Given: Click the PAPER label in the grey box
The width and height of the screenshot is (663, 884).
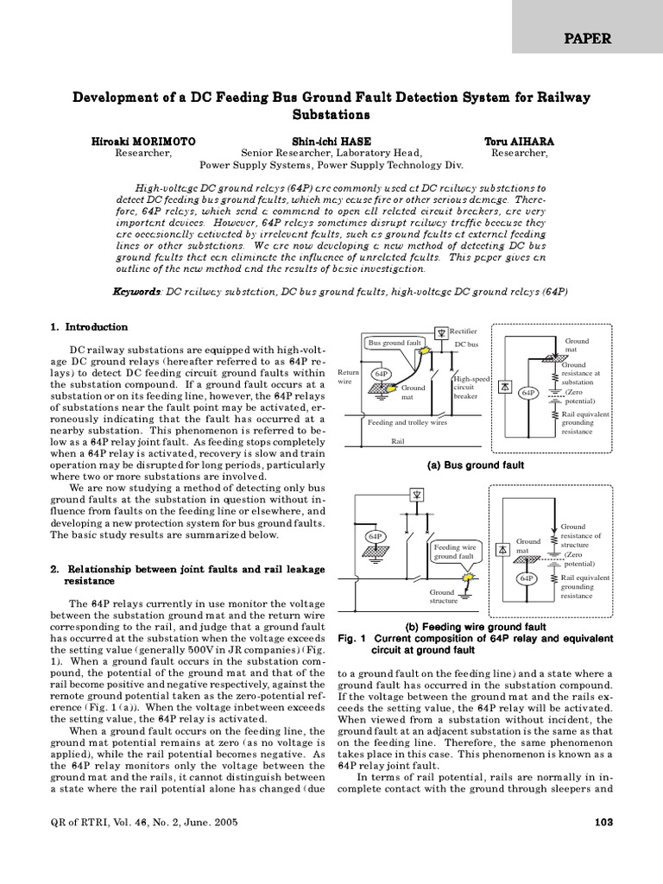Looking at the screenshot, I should pyautogui.click(x=589, y=38).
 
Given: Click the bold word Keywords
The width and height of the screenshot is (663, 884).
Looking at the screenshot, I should pyautogui.click(x=136, y=293).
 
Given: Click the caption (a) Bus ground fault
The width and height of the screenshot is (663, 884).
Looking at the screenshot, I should pyautogui.click(x=475, y=464).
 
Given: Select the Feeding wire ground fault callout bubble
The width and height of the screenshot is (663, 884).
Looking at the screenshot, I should pyautogui.click(x=455, y=552).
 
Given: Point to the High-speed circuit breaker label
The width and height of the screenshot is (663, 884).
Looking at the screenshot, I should pyautogui.click(x=470, y=388).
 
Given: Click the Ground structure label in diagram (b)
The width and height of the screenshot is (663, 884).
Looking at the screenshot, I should pyautogui.click(x=441, y=597).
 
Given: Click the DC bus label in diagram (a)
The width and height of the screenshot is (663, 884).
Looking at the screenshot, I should pyautogui.click(x=466, y=344).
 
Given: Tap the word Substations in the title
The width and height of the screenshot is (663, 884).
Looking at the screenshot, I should pyautogui.click(x=331, y=114).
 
